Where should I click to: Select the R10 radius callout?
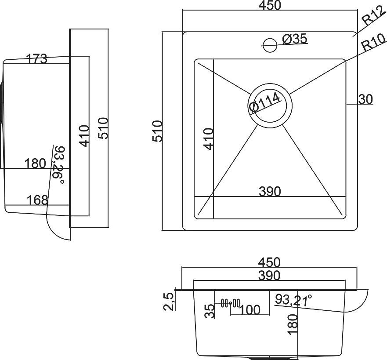tap(371, 44)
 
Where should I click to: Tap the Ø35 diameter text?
tap(294, 39)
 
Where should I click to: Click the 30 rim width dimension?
tap(365, 100)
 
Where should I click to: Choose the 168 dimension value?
tap(37, 200)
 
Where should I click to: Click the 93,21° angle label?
tap(293, 300)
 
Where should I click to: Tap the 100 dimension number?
tap(250, 310)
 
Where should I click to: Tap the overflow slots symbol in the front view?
tap(230, 303)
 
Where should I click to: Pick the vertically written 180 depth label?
tap(293, 325)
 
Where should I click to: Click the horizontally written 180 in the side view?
tap(35, 164)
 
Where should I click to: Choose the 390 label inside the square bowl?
tap(269, 192)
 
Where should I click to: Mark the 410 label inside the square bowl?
tap(209, 138)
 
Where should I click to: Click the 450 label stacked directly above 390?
tap(269, 262)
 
